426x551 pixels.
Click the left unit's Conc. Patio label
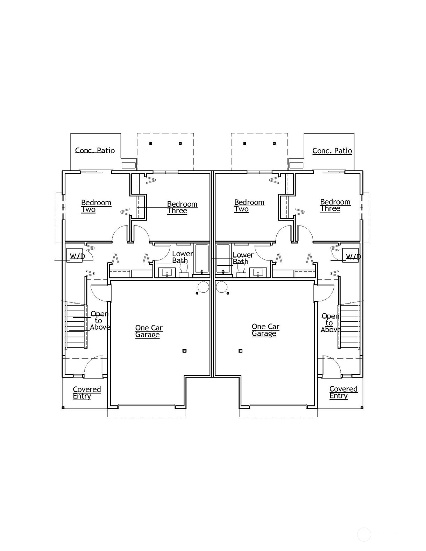(x=95, y=150)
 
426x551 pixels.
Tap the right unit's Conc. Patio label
(x=332, y=151)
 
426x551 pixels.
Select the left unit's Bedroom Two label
(x=96, y=206)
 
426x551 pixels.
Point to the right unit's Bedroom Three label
(x=335, y=205)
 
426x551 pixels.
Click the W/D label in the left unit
(x=77, y=256)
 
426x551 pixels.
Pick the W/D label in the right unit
(x=353, y=257)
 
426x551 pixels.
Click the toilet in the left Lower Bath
(x=184, y=270)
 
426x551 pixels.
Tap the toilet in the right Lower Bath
(x=241, y=270)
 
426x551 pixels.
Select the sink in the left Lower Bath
(x=167, y=273)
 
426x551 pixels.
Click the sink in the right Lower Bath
(x=258, y=273)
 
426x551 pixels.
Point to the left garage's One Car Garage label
(x=149, y=331)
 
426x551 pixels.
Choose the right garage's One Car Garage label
(x=265, y=330)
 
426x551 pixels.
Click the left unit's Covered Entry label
(x=87, y=393)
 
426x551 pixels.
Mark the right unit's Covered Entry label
(x=343, y=392)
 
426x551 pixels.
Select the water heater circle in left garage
(x=203, y=287)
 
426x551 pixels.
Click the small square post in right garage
(x=241, y=351)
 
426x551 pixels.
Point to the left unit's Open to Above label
(x=100, y=321)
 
